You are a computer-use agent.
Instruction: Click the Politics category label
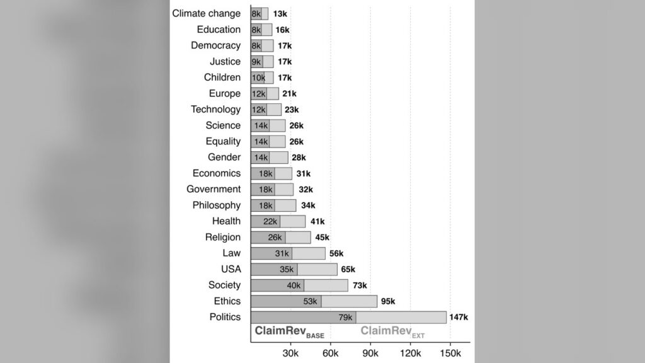pos(225,317)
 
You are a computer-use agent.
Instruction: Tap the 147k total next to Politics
pos(459,318)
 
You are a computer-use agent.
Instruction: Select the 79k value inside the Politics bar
pos(346,318)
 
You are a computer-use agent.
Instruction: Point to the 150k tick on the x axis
pos(450,353)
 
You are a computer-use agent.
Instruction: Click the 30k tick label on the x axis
pos(290,353)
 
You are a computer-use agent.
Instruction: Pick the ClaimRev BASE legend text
pos(290,331)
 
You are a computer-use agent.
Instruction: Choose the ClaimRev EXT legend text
pos(392,331)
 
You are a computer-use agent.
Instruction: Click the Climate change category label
pos(206,14)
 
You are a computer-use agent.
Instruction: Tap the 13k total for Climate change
pos(280,14)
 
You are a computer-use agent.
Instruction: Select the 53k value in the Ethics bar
pos(310,301)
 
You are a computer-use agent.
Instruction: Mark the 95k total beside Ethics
pos(388,301)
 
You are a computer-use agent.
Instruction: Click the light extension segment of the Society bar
pos(326,285)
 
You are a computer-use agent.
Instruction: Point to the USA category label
pos(231,269)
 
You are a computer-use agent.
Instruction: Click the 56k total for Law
pos(336,253)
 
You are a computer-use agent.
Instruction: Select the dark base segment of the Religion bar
pos(268,238)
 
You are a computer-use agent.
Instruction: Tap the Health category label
pos(226,221)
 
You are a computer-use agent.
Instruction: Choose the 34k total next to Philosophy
pos(308,205)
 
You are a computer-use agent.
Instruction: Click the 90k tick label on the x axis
pos(370,353)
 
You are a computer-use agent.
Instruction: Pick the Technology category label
pos(215,110)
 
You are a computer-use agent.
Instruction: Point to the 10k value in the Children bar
pos(258,78)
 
